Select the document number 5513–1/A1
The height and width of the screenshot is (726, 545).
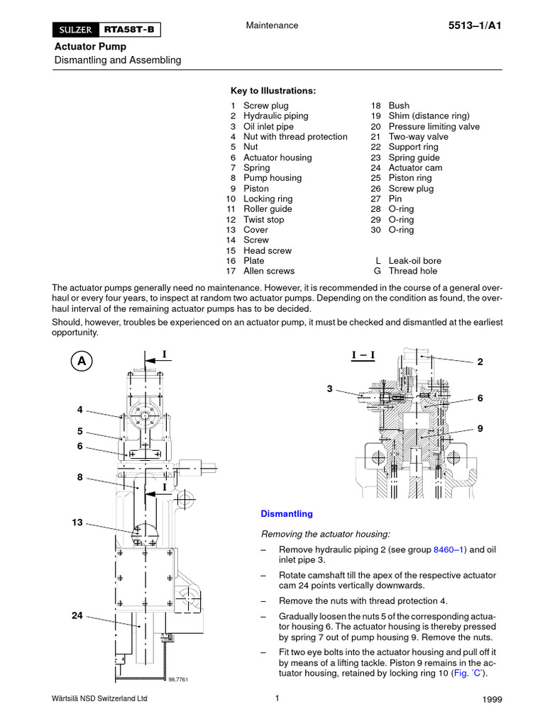tap(475, 26)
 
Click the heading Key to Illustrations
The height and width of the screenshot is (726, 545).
tap(273, 91)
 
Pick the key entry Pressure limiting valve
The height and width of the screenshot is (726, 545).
tap(434, 126)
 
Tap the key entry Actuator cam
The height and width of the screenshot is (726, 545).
tap(415, 168)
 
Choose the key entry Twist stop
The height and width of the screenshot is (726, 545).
tap(263, 220)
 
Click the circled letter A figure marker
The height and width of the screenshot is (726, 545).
tap(82, 361)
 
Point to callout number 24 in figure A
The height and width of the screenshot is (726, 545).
tap(77, 616)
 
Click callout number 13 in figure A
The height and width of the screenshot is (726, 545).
tap(77, 523)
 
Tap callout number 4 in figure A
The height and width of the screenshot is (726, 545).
tap(80, 410)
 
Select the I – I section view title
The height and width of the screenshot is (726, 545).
tap(363, 354)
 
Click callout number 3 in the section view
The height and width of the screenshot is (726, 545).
tap(329, 389)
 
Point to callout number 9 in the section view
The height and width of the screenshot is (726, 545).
tap(480, 428)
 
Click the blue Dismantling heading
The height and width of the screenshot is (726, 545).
tap(287, 514)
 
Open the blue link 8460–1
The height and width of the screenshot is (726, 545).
tap(448, 549)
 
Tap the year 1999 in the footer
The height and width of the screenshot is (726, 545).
tap(492, 700)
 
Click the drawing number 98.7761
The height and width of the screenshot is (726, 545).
tap(178, 679)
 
